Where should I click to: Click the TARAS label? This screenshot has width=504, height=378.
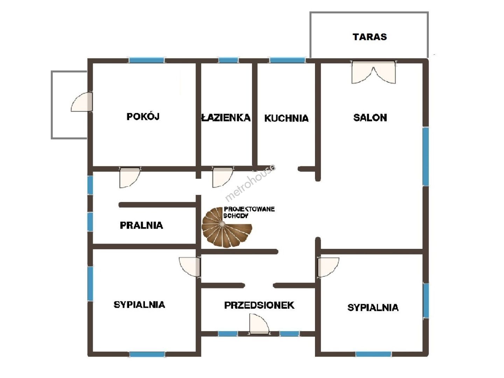370,37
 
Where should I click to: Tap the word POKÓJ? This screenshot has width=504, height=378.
143,117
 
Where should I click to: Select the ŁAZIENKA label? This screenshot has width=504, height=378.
226,118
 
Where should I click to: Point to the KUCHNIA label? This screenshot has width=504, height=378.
286,118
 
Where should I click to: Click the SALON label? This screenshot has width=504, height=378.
370,118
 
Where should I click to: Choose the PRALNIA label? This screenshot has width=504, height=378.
141,225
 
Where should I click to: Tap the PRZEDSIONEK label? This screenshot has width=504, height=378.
259,305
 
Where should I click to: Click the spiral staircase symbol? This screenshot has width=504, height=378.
227,227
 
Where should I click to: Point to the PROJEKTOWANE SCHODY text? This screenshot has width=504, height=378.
249,212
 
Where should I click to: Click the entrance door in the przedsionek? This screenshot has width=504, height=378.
259,324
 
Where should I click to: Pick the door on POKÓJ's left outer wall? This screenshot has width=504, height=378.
82,102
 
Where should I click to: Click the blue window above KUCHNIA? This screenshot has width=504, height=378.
287,60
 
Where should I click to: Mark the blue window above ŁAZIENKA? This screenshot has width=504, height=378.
228,60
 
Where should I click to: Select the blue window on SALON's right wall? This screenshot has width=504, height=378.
426,156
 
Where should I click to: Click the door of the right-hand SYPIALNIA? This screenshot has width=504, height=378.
328,267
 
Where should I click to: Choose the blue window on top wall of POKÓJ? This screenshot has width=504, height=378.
147,60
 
